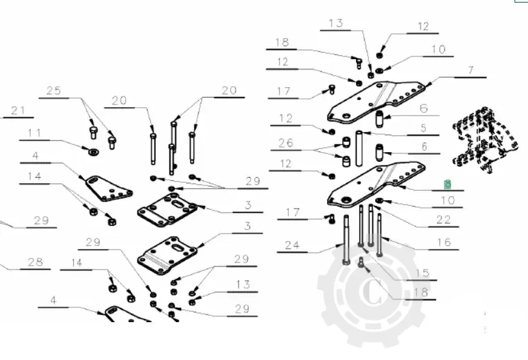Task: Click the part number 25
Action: click(x=55, y=91)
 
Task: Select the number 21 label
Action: click(x=18, y=111)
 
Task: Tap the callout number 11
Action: click(x=34, y=133)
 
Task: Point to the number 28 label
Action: click(x=35, y=262)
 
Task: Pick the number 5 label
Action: click(x=423, y=128)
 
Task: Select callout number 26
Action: click(x=285, y=142)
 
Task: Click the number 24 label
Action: click(x=293, y=244)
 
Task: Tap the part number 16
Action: click(x=443, y=242)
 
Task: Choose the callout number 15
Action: click(x=422, y=273)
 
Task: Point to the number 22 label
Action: click(x=443, y=220)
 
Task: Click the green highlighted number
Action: click(x=448, y=184)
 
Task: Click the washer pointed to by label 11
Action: click(x=92, y=151)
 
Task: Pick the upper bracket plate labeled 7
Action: click(x=375, y=101)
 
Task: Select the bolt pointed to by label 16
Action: click(x=380, y=235)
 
